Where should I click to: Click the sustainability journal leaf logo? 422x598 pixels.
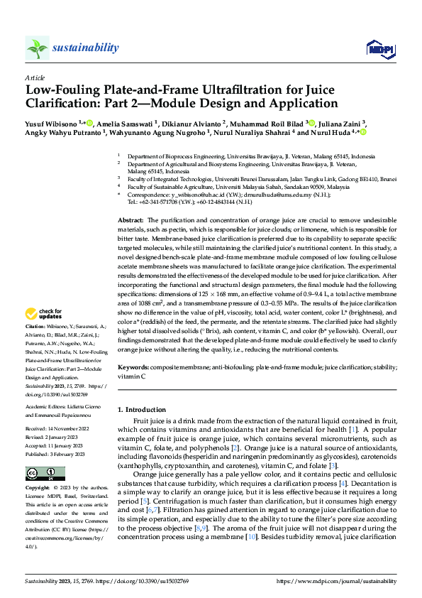point(37,48)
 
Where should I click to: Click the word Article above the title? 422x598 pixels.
point(35,77)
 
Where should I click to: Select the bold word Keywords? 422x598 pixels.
point(133,367)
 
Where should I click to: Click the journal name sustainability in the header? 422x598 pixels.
point(85,48)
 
